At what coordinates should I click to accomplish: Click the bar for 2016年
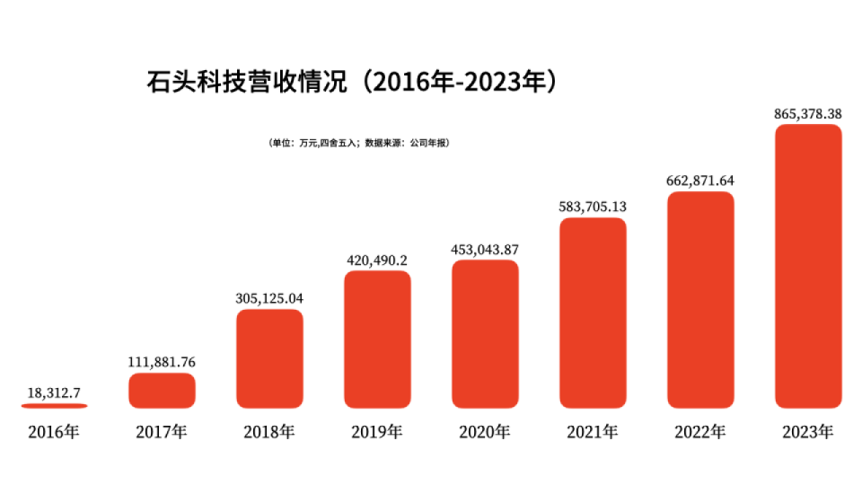54,406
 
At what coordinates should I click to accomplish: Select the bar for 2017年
162,391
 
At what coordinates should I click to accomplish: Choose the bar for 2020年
485,334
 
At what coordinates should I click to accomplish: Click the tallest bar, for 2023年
808,266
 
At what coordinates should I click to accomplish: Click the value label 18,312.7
54,392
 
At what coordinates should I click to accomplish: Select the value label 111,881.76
162,362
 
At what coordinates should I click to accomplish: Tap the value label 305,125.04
269,298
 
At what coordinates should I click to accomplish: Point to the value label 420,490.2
377,260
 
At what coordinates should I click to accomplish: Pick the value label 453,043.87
485,249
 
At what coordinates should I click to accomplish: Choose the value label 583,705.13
593,206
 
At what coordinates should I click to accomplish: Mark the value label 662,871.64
700,180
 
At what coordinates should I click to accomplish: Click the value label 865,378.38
808,113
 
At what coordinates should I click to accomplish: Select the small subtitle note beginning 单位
359,143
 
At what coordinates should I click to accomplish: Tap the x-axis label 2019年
377,432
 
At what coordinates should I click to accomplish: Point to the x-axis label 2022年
700,432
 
